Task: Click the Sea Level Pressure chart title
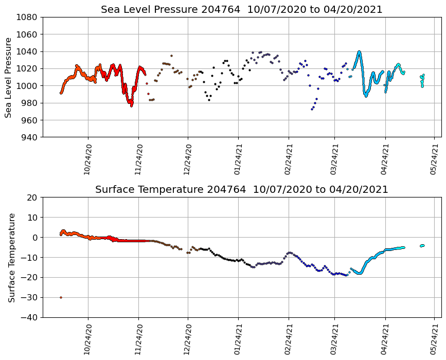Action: tap(241, 10)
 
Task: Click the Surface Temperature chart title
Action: tap(241, 190)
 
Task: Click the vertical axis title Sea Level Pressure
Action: tap(8, 77)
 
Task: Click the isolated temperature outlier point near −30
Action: tap(61, 297)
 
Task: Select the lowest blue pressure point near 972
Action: tap(312, 109)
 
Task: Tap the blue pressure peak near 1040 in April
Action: tap(359, 52)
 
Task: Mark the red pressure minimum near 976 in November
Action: tap(131, 105)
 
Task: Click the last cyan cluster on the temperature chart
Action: tap(422, 245)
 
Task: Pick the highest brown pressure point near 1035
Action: tap(171, 56)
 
